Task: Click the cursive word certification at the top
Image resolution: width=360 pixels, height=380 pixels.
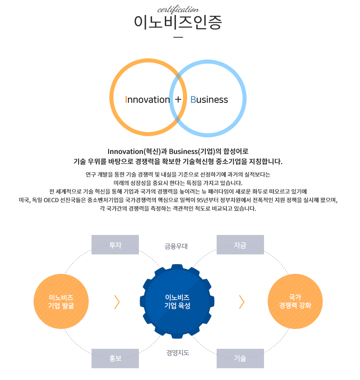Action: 178,10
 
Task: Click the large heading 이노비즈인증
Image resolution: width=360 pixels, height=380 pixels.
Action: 178,22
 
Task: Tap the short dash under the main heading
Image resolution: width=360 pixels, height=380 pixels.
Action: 178,37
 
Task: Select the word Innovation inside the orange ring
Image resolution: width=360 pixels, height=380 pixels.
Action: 147,100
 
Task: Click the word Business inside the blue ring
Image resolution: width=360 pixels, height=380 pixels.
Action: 209,100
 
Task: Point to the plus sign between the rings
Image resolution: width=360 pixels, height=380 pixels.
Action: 178,99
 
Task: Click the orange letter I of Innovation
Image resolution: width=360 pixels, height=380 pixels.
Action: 126,100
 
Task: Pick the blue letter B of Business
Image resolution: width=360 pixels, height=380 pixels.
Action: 193,100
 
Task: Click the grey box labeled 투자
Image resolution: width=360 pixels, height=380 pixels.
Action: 115,245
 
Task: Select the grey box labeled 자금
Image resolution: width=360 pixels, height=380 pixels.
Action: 240,245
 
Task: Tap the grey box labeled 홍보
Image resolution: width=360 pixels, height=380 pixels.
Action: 115,359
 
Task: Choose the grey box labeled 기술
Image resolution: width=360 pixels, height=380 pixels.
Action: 240,359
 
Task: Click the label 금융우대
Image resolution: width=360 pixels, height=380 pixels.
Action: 176,246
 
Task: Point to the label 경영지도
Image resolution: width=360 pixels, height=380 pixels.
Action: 178,352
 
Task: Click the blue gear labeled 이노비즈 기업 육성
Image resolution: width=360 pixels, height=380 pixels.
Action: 177,301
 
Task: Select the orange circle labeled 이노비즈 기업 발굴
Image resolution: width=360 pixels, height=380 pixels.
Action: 61,301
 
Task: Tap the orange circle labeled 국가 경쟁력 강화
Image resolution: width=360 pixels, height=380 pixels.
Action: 295,301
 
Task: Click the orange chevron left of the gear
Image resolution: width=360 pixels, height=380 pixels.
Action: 117,302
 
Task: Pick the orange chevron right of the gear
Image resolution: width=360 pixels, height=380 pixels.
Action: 242,302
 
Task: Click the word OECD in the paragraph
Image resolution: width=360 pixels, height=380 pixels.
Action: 51,200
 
